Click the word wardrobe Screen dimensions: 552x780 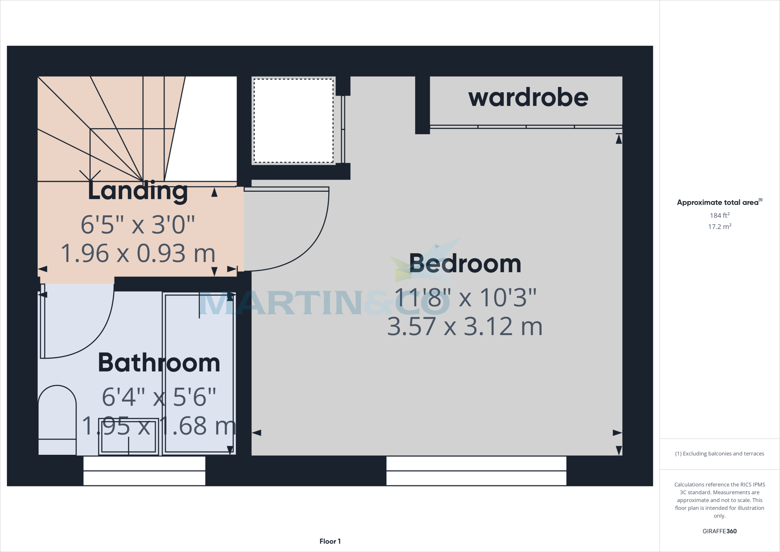(x=528, y=98)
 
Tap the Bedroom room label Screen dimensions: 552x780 (x=465, y=263)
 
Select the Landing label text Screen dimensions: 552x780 (x=138, y=191)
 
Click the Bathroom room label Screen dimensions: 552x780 (x=159, y=363)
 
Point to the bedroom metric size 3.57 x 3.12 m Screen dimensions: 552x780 (x=465, y=327)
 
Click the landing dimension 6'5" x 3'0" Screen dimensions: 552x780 (x=138, y=225)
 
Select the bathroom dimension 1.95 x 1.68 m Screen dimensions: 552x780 (x=159, y=426)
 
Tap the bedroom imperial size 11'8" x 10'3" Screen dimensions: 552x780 (x=465, y=297)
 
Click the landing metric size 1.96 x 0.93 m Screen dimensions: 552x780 (x=138, y=254)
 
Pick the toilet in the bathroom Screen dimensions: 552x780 (x=57, y=419)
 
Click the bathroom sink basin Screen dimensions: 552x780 (x=129, y=436)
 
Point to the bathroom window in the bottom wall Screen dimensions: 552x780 (x=144, y=471)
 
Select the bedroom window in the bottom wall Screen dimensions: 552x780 (x=476, y=471)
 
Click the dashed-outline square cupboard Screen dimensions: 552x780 (x=294, y=121)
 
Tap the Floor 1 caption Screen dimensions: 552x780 (x=330, y=541)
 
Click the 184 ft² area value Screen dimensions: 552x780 (x=719, y=215)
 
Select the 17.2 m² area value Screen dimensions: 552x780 (x=719, y=227)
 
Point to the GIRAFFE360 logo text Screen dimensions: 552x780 (x=719, y=531)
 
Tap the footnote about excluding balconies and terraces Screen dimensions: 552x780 (x=719, y=454)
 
